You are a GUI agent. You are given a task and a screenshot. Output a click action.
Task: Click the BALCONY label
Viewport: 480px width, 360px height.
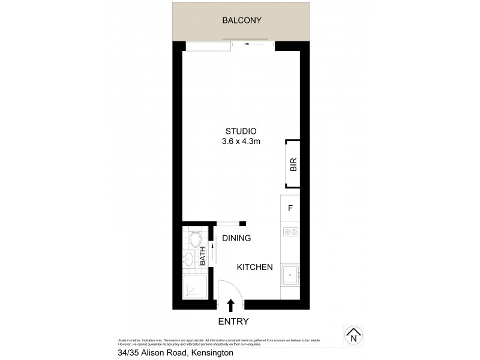click(242, 20)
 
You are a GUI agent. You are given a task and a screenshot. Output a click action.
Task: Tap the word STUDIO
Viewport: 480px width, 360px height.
click(241, 131)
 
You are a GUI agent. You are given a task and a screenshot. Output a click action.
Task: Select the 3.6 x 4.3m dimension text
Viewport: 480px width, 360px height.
click(241, 142)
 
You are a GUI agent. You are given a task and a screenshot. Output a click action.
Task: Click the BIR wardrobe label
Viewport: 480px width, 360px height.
click(293, 164)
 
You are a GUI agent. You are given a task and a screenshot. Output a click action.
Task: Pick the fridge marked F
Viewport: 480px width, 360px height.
click(290, 208)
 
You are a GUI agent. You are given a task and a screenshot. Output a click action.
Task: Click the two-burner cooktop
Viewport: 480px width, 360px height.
click(290, 232)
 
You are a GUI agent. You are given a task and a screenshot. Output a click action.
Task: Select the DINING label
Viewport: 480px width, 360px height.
click(236, 238)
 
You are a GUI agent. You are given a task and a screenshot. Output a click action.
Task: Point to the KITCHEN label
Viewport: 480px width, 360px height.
click(254, 267)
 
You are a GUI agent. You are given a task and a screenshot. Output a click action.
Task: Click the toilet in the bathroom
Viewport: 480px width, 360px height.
click(194, 239)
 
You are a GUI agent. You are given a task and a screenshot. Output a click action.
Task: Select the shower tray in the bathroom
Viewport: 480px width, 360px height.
click(195, 286)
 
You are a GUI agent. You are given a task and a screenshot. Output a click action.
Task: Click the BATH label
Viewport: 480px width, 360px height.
click(203, 256)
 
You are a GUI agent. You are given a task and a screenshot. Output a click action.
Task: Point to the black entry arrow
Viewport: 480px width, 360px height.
click(231, 306)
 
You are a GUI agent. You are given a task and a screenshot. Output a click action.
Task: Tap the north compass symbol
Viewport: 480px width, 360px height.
click(353, 334)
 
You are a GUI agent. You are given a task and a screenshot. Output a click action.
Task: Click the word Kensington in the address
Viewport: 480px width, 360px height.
click(211, 353)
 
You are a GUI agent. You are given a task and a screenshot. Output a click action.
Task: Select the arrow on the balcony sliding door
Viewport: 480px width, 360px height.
click(257, 44)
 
